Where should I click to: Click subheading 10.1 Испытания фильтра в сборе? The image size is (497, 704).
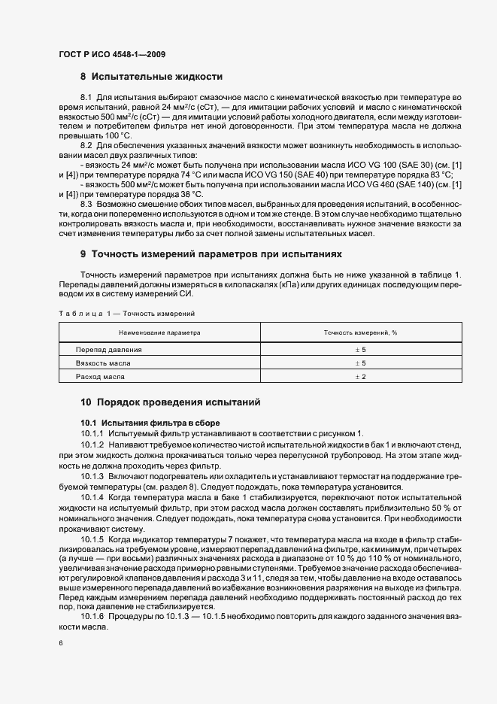(x=150, y=423)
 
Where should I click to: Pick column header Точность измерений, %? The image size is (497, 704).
(x=360, y=332)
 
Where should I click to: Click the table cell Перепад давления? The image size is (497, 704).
(x=108, y=350)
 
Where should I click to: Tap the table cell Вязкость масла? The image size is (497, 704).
(x=103, y=363)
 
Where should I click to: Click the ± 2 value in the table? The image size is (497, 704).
(x=360, y=375)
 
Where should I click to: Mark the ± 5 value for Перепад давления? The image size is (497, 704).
(x=360, y=350)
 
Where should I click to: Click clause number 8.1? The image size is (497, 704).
(x=86, y=99)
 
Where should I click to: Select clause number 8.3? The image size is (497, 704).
(x=86, y=204)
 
